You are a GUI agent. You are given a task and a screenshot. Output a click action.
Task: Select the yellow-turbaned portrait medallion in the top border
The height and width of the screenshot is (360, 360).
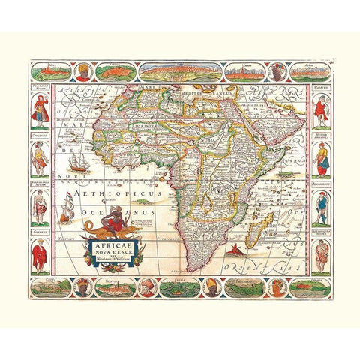pos(82,71)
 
